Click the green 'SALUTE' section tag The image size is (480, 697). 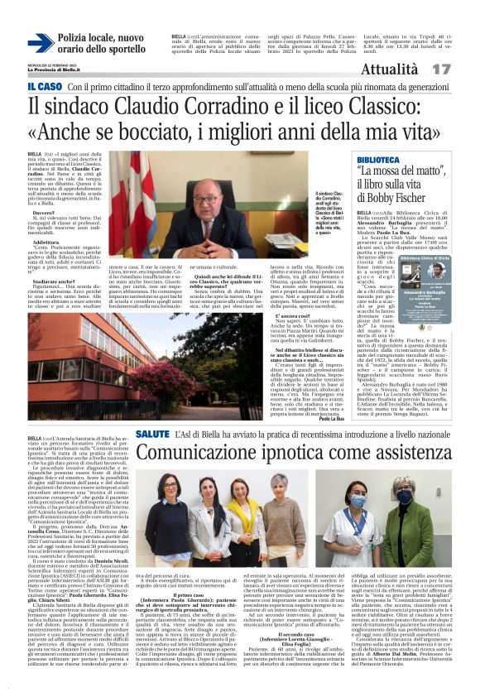point(153,434)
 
